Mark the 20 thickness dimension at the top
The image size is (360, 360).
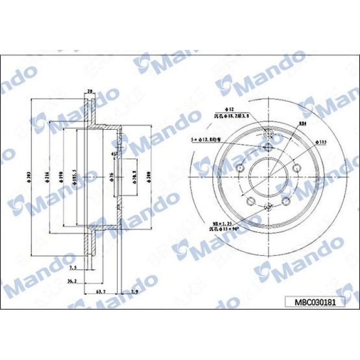pos(90,92)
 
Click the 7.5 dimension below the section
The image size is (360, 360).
pos(73,268)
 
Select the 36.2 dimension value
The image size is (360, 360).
pos(72,281)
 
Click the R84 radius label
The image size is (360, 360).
pos(302,123)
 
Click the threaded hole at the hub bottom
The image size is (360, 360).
pos(268,207)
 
